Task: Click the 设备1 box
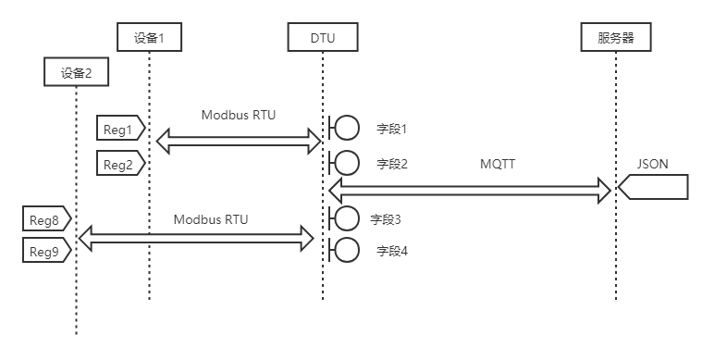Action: tap(149, 38)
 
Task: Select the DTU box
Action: tap(323, 38)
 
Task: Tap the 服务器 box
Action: tap(616, 38)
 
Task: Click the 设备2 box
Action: tap(76, 72)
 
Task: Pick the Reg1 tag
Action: tap(119, 129)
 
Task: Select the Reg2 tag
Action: tap(119, 165)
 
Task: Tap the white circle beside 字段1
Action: tap(347, 128)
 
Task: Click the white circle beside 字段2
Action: tap(347, 163)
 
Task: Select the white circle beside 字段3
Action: tap(347, 218)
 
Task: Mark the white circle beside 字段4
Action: tap(347, 250)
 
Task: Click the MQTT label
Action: tap(497, 164)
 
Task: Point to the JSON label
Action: tap(652, 164)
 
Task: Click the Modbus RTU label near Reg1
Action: tap(238, 116)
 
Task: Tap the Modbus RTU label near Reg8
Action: tap(211, 220)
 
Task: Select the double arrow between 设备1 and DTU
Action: tap(238, 141)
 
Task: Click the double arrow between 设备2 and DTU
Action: tap(197, 238)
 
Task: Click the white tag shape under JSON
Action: tap(654, 188)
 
